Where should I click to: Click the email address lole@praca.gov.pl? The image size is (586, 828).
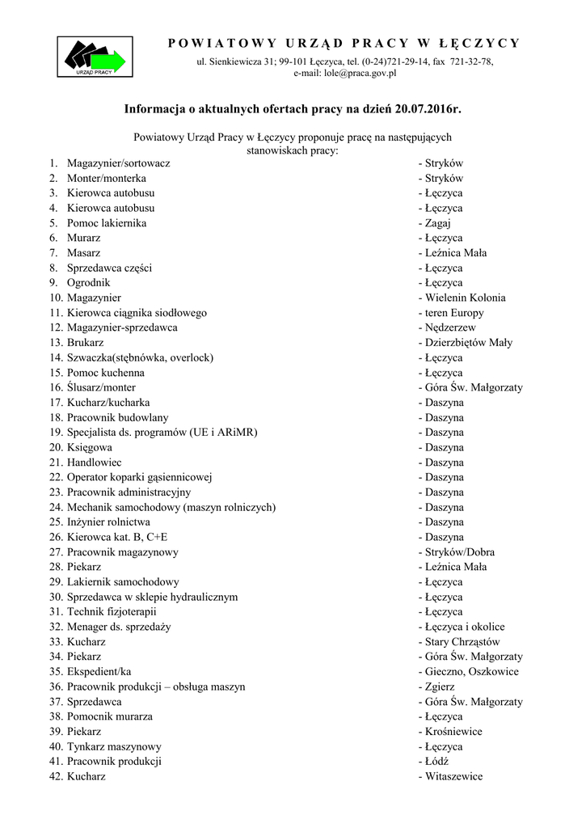pos(360,73)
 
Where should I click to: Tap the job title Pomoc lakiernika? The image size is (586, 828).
pos(107,223)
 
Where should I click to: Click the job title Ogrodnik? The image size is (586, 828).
pos(88,283)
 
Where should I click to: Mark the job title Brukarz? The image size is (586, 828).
pos(85,343)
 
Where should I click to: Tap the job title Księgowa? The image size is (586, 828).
pos(90,447)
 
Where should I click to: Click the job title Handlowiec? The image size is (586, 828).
pos(95,463)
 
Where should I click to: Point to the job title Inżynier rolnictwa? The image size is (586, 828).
pos(108,522)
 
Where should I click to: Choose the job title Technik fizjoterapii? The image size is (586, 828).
pos(112,612)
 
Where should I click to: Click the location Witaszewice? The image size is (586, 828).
pos(453,776)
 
